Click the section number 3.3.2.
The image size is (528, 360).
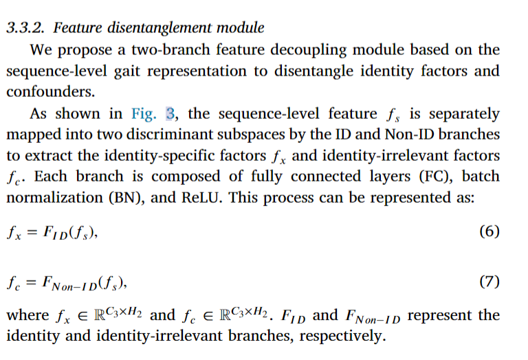25,28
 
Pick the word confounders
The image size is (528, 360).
47,92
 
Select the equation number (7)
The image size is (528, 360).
488,282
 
